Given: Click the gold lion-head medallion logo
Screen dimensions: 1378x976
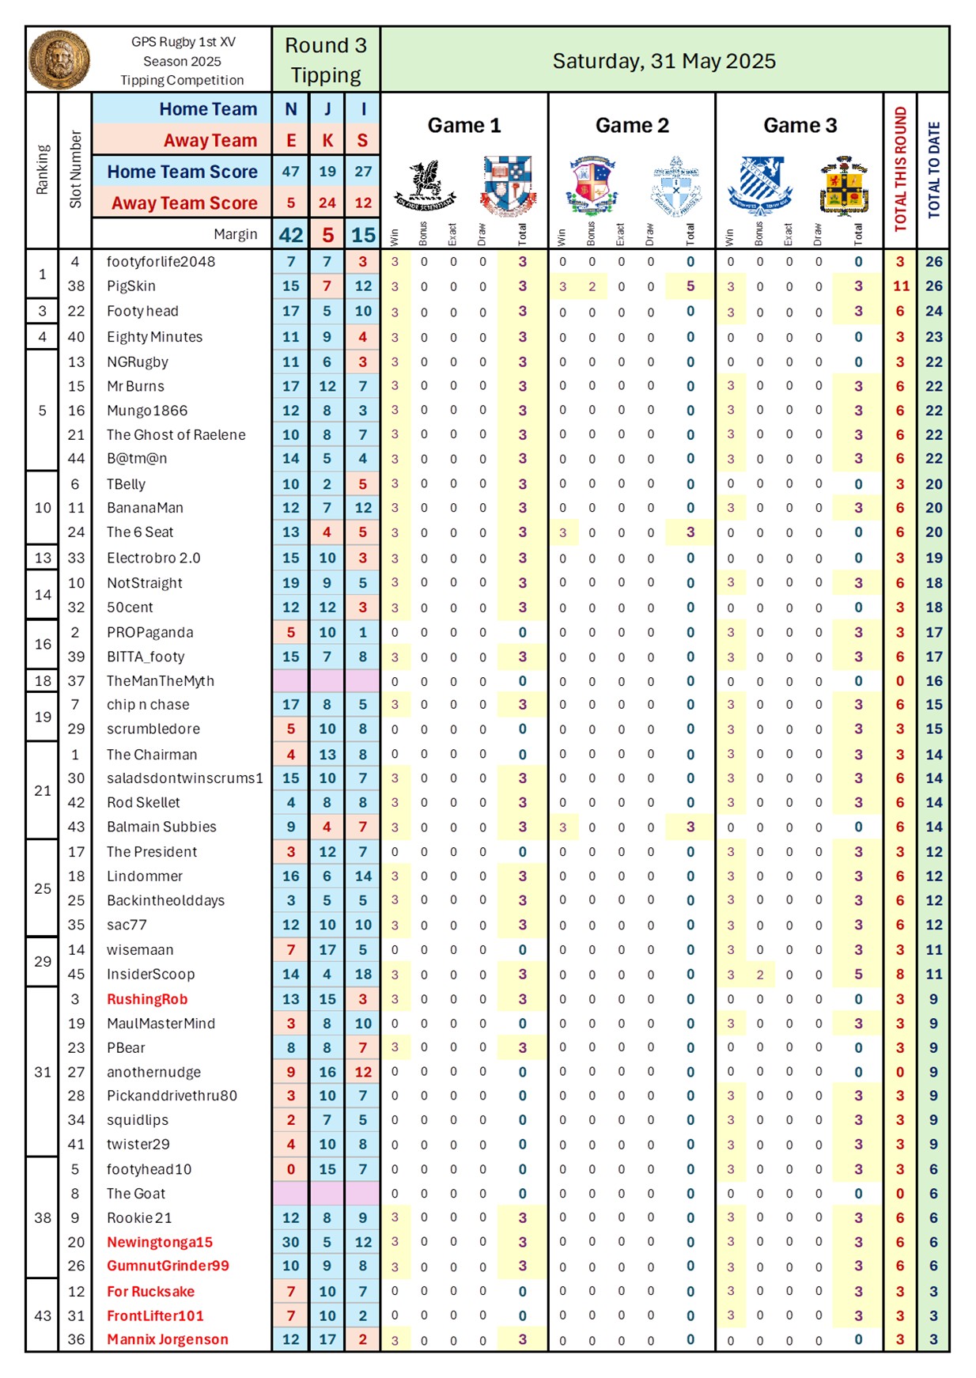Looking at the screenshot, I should coord(59,60).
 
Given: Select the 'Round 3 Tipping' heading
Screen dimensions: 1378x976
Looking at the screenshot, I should coord(326,60).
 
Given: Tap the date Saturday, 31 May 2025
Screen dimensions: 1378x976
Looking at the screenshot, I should coord(664,61).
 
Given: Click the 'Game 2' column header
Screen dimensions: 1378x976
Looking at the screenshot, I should coord(632,126).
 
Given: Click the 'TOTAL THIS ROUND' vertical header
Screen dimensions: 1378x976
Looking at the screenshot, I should coord(900,169).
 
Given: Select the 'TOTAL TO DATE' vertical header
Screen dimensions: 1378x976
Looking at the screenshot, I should coord(933,169).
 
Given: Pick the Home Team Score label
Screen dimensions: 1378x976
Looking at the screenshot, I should coord(183,172).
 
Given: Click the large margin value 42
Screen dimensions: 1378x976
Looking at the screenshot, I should coord(291,235).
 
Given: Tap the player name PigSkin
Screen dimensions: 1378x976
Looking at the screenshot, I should coord(131,286).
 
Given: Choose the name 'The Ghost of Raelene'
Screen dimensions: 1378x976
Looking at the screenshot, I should coord(176,435).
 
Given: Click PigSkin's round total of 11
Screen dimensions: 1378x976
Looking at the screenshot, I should coord(901,286).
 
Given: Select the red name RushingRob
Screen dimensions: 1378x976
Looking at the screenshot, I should coord(147,999).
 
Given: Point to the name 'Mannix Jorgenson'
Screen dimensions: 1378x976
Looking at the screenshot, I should coord(168,1339).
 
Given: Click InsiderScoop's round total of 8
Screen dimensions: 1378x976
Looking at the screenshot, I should coord(900,975).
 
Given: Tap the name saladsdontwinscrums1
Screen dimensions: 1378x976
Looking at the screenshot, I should coord(184,778).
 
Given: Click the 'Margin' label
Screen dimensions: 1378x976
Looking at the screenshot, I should coord(235,234).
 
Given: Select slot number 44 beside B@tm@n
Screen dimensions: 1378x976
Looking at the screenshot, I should coord(76,459).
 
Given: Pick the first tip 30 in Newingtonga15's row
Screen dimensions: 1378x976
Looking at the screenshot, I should coord(291,1242).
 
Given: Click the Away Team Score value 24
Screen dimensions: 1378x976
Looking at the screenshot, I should coord(327,203).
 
